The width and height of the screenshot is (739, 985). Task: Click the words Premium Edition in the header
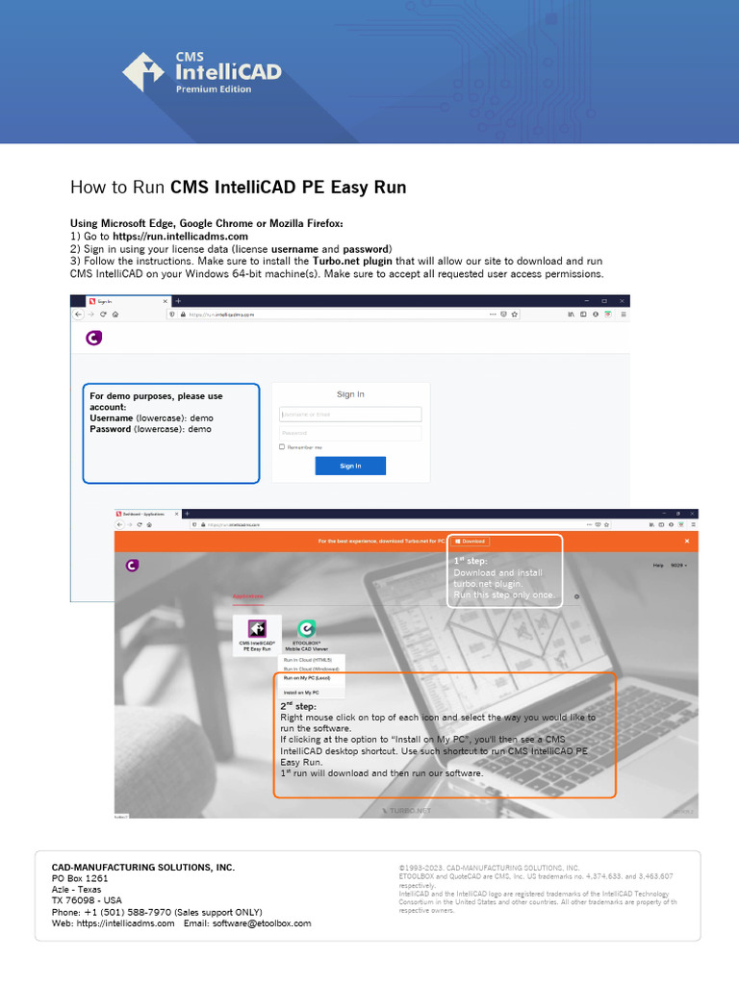pos(213,89)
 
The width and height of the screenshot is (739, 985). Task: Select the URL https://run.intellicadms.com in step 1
pos(180,236)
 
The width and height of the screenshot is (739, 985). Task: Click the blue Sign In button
pos(350,466)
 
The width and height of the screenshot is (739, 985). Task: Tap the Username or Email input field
pos(350,415)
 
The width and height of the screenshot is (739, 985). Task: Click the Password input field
pos(350,433)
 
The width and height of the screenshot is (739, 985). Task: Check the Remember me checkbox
pos(282,447)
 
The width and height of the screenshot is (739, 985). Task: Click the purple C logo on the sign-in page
pos(93,338)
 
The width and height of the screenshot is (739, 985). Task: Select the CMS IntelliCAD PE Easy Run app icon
pos(257,629)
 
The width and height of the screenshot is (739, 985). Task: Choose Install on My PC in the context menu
pos(301,693)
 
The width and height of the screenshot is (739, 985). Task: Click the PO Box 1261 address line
pos(80,878)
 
